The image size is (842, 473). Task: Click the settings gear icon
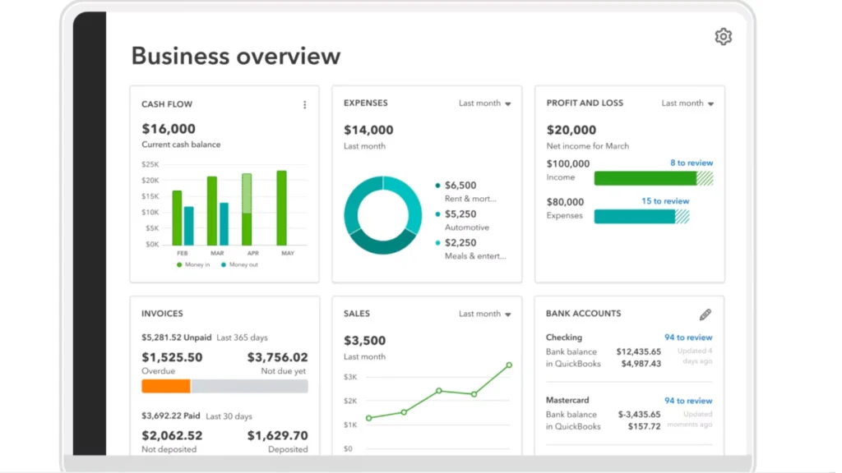pyautogui.click(x=723, y=37)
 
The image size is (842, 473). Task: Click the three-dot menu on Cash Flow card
pyautogui.click(x=304, y=105)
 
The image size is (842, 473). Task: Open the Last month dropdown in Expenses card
pyautogui.click(x=484, y=103)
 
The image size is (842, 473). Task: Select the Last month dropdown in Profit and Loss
pyautogui.click(x=687, y=103)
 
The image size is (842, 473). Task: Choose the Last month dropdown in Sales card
pyautogui.click(x=484, y=314)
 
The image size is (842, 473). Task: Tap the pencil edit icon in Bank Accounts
pyautogui.click(x=705, y=315)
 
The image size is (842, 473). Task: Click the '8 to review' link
pyautogui.click(x=691, y=163)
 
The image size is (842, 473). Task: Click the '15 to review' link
pyautogui.click(x=665, y=201)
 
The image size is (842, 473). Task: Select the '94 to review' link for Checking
pyautogui.click(x=687, y=338)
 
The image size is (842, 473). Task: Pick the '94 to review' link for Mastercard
pyautogui.click(x=687, y=401)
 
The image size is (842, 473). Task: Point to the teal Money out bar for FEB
pyautogui.click(x=188, y=226)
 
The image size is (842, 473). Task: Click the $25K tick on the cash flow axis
pyautogui.click(x=150, y=164)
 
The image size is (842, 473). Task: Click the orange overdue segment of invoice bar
pyautogui.click(x=166, y=386)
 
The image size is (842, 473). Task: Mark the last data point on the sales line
pyautogui.click(x=509, y=365)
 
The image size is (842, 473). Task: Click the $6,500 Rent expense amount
pyautogui.click(x=460, y=186)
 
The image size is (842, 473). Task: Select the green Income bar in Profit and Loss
pyautogui.click(x=645, y=178)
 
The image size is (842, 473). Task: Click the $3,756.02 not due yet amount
pyautogui.click(x=277, y=357)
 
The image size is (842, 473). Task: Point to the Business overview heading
pyautogui.click(x=235, y=56)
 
